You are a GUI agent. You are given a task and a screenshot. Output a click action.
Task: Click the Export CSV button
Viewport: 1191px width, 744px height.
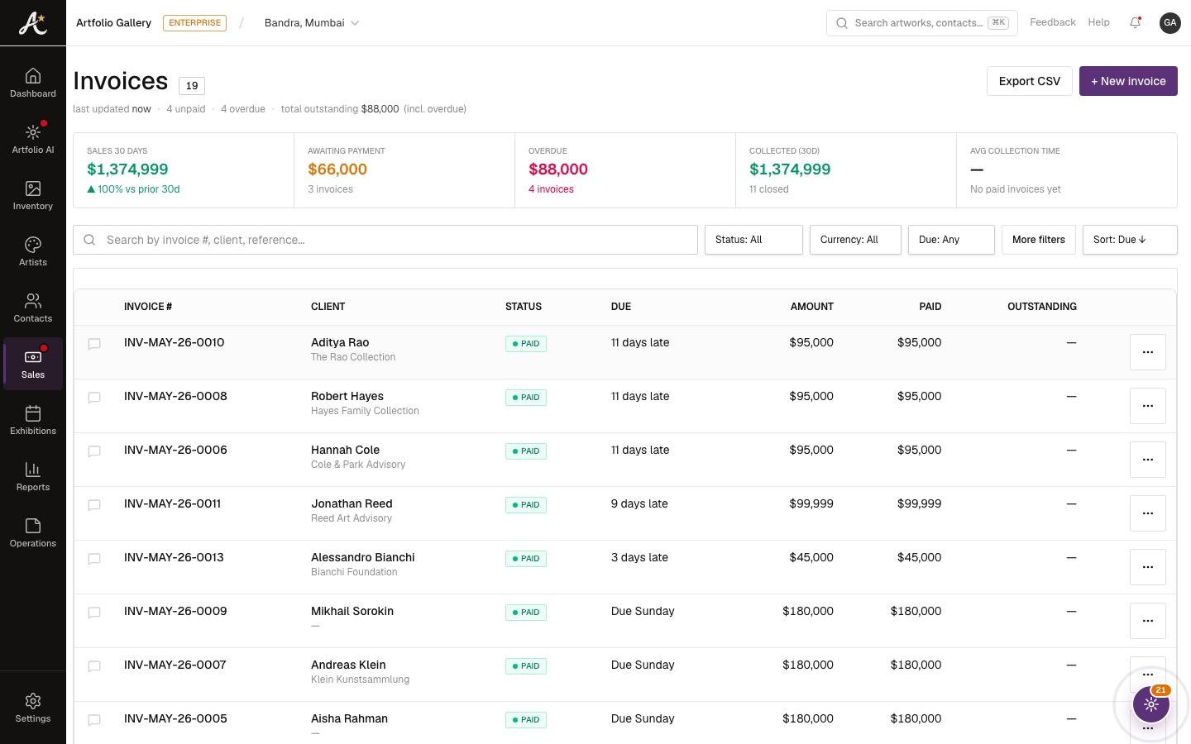[x=1029, y=81]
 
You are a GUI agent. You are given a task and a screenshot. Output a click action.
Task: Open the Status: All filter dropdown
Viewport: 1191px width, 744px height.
[x=753, y=240]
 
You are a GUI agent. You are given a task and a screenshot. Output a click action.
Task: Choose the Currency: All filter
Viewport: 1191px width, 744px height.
[x=855, y=240]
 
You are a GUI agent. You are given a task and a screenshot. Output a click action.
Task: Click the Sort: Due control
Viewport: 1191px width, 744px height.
[x=1129, y=240]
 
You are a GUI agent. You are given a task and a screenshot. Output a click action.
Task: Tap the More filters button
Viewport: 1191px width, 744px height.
[x=1039, y=240]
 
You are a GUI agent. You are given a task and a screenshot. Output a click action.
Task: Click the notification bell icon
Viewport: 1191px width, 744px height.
[x=1135, y=22]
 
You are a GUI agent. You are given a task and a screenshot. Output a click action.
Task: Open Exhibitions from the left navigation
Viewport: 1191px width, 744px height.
[x=33, y=420]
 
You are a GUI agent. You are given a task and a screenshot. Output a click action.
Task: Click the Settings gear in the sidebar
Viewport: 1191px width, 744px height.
[x=33, y=708]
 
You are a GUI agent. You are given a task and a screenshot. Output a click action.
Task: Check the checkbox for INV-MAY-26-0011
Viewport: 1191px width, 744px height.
[x=94, y=504]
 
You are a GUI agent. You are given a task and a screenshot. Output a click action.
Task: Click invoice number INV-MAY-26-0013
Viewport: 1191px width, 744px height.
[x=174, y=557]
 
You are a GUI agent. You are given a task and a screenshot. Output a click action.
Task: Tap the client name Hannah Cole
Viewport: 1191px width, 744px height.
[x=345, y=450]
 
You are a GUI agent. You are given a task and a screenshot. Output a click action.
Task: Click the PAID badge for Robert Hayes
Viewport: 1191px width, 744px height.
[x=526, y=397]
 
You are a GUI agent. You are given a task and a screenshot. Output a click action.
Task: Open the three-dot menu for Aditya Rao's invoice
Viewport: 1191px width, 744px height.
[x=1147, y=352]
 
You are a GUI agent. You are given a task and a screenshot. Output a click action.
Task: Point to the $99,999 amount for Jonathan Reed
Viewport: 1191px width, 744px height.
[x=811, y=503]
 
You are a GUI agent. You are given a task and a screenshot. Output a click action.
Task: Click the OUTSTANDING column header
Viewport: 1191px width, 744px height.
[x=1041, y=306]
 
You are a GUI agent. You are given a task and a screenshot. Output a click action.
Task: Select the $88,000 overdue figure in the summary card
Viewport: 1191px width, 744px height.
[x=557, y=169]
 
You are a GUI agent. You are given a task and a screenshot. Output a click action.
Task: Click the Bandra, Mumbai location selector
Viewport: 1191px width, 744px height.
[x=312, y=22]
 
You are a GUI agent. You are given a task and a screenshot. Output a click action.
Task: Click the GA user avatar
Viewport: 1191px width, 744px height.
[x=1169, y=22]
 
